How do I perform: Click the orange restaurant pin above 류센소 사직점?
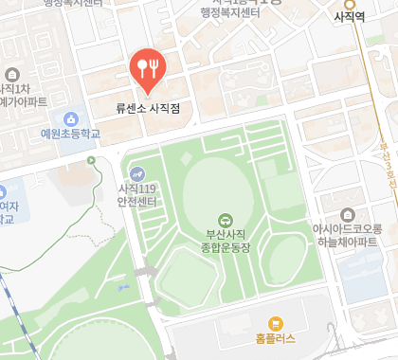(147, 66)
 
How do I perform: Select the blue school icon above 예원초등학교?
(69, 118)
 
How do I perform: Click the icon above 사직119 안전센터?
(138, 173)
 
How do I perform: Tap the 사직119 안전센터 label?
(138, 194)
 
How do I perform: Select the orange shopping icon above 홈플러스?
(276, 322)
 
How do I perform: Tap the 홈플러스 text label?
(276, 338)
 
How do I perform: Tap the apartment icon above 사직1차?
(12, 75)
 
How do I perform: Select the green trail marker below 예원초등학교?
(91, 161)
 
